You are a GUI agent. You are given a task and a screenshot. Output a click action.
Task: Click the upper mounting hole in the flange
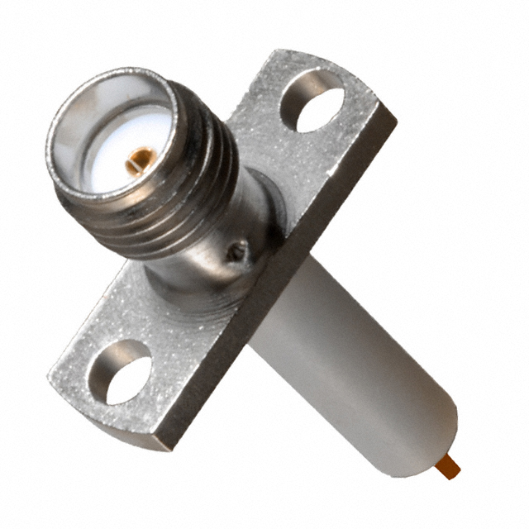coord(312,102)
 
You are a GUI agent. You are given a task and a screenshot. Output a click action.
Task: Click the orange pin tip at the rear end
coord(450,468)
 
